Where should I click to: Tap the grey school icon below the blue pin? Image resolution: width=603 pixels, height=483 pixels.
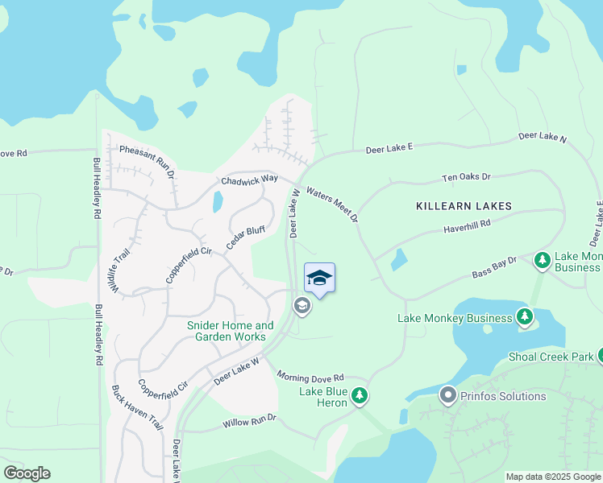point(301,305)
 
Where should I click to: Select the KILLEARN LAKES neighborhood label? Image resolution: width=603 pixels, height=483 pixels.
point(464,206)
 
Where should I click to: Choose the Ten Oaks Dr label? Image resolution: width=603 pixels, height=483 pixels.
point(466,177)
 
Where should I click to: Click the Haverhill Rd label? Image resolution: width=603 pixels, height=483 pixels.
point(466,229)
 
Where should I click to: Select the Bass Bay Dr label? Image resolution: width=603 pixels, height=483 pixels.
point(493,269)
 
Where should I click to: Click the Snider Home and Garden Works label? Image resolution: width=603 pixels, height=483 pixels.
point(230,331)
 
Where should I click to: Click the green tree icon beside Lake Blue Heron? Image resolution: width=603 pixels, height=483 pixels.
point(360,395)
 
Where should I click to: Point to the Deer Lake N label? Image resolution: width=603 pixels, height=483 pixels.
point(543,138)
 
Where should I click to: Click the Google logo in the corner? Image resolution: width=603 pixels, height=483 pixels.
point(27,473)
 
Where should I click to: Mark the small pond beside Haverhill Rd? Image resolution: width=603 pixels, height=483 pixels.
point(398,260)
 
